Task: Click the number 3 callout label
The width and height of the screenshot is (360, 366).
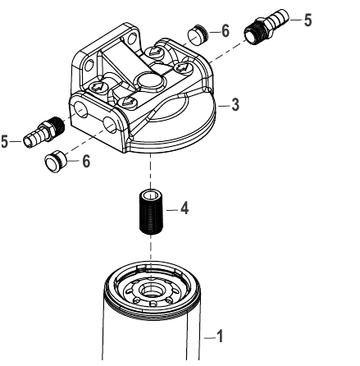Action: [235, 105]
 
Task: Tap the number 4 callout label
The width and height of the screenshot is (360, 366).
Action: [185, 209]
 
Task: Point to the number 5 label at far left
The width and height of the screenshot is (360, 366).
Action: [6, 141]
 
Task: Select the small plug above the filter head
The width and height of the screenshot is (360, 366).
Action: [197, 34]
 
